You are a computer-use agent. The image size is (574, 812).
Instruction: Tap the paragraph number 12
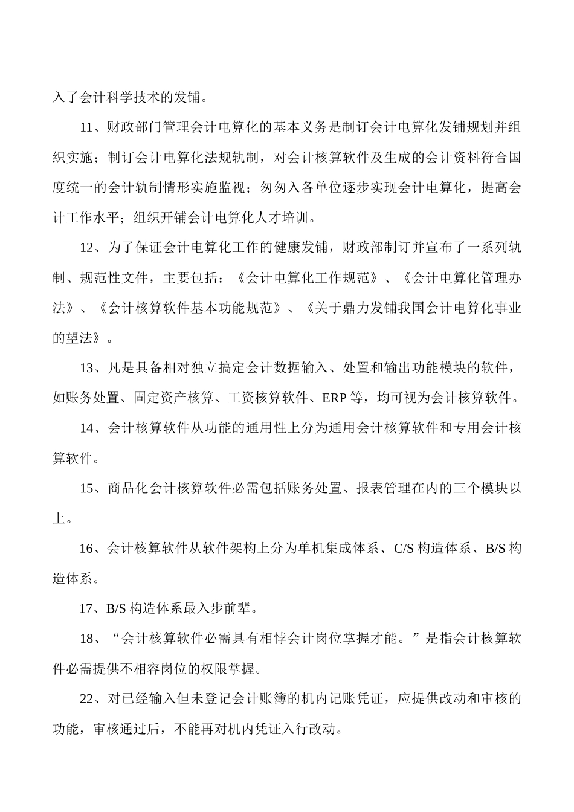coord(87,248)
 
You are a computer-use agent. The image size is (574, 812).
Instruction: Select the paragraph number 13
coord(87,368)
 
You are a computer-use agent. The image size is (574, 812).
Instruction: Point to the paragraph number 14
coord(87,428)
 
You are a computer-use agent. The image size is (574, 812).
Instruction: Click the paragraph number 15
coord(87,488)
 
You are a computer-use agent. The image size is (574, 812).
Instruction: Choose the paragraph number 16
coord(87,549)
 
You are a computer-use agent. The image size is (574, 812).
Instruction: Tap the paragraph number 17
coord(87,608)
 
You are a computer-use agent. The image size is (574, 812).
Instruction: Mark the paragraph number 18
coord(87,639)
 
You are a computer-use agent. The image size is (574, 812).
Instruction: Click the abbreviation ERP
coord(334,398)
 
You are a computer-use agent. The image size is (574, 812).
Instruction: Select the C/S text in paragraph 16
coord(404,549)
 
